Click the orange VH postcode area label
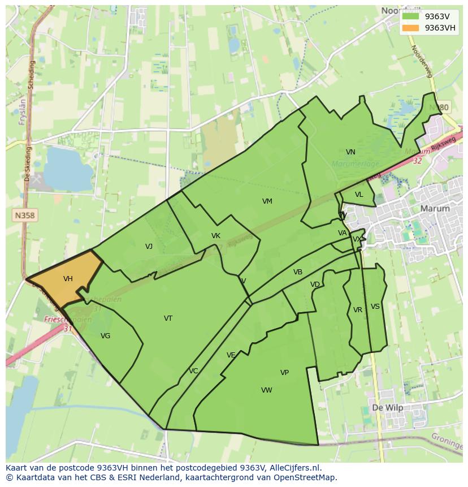coord(68,279)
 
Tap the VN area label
coord(350,152)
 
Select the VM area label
coord(267,201)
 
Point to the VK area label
coord(215,236)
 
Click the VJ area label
coord(149,246)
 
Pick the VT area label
coord(168,318)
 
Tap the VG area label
coord(105,336)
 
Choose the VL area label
coord(359,195)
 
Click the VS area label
coord(375,307)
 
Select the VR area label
coord(358,310)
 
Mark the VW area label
coord(267,390)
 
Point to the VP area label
coord(284,373)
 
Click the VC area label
coord(193,371)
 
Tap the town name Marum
coord(435,208)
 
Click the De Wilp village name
coord(387,407)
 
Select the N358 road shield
coord(24,216)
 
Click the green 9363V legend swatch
coord(411,16)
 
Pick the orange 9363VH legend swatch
coord(411,28)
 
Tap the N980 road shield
coord(439,107)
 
